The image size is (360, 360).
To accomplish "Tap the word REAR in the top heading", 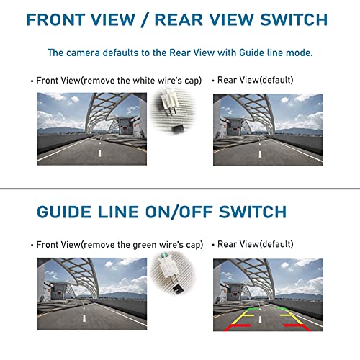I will [192, 20].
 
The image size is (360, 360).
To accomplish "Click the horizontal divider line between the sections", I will [180, 189].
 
